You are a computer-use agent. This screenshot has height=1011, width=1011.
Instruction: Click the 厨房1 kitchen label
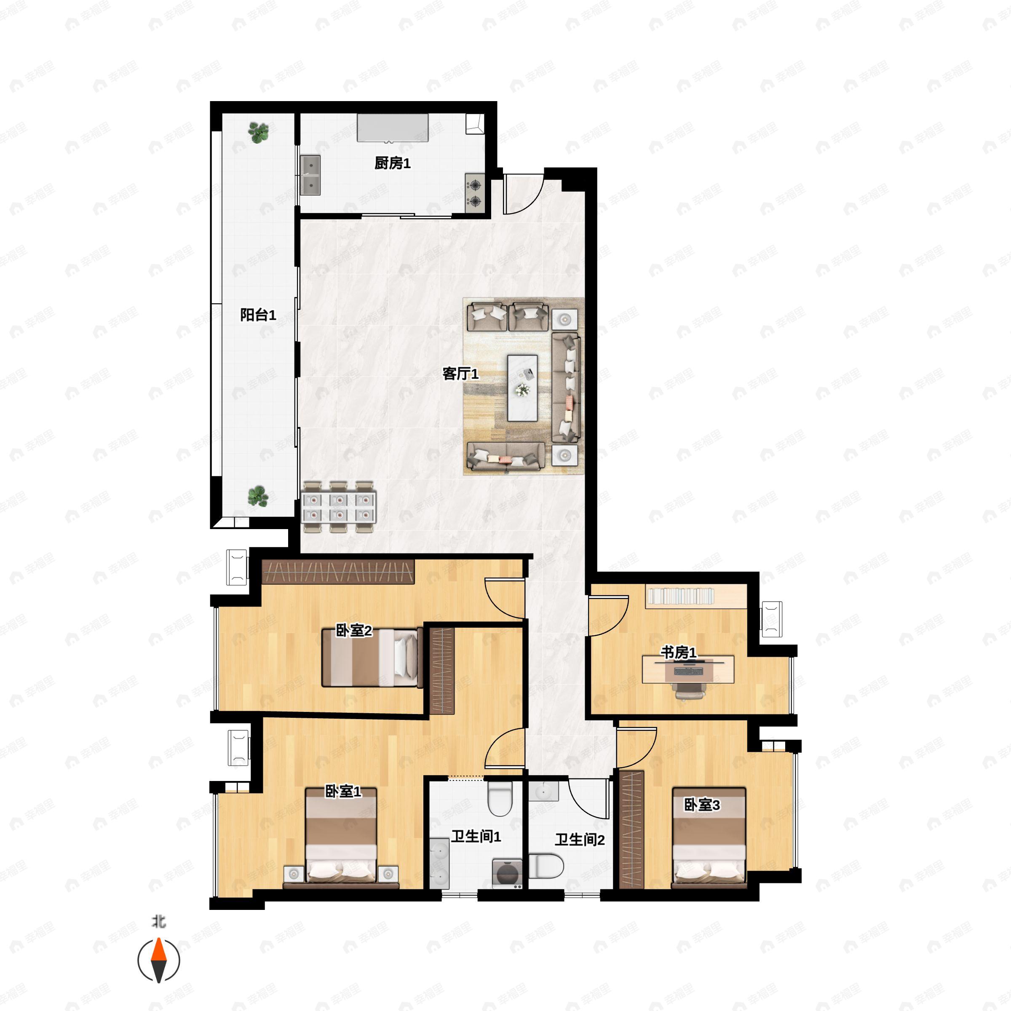(393, 163)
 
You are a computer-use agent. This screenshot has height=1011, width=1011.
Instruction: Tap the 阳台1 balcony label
(258, 315)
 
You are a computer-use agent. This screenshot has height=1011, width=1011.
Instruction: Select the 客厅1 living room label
(460, 374)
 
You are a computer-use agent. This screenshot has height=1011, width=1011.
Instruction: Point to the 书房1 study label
(678, 653)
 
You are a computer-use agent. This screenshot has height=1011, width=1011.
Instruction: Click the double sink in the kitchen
(311, 175)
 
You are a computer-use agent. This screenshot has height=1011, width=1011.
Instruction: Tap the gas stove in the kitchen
(475, 193)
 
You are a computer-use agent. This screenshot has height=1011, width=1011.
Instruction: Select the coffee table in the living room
(522, 388)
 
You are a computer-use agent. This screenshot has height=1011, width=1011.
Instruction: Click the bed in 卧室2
(372, 658)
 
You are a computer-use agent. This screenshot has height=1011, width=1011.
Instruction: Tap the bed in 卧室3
(709, 838)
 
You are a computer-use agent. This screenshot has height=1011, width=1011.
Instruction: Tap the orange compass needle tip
(158, 939)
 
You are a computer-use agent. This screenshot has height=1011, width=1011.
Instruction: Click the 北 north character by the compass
(158, 921)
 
